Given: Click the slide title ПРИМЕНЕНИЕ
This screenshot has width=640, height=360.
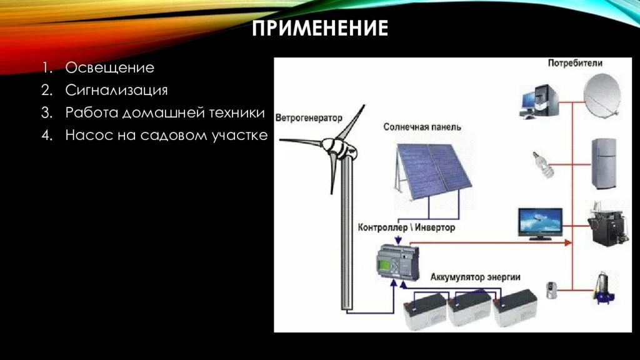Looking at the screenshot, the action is (320, 28).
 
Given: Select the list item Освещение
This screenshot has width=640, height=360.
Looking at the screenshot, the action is (109, 67).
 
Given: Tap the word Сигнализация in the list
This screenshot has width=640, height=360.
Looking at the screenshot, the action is (116, 90).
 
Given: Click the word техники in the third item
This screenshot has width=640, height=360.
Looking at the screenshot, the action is (239, 113).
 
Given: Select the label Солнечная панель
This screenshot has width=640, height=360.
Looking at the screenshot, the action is (422, 127).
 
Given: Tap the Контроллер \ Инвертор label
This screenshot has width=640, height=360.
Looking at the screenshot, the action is (407, 227).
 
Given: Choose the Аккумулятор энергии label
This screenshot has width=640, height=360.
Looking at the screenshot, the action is (475, 277).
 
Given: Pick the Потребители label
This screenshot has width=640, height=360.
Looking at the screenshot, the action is (575, 63).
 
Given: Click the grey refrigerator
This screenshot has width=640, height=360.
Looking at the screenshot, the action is (604, 164).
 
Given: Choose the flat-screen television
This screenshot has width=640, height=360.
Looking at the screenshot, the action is (539, 223).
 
